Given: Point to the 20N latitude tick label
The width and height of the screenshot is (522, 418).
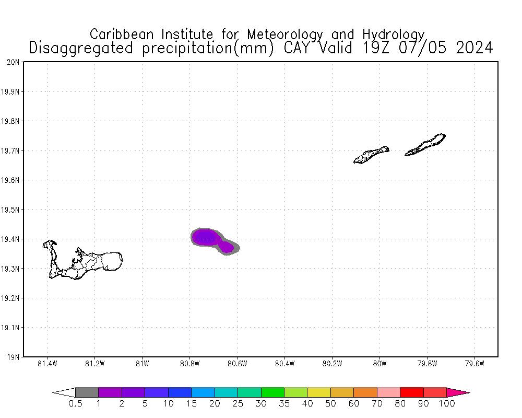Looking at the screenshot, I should click(x=13, y=62).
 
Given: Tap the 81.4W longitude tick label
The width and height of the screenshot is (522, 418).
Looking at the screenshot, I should click(x=48, y=364).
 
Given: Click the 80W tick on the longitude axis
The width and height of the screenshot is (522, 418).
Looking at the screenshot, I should click(x=379, y=364).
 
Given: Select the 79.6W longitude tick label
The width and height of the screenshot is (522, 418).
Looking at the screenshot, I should click(x=474, y=364).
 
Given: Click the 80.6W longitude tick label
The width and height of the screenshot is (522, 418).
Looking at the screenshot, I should click(x=237, y=364).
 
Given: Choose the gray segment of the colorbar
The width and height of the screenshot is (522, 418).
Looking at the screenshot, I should click(x=87, y=392).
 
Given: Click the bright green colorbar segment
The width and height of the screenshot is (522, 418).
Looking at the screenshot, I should click(x=272, y=392).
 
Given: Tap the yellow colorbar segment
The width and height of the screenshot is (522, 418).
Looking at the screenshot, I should click(x=319, y=392).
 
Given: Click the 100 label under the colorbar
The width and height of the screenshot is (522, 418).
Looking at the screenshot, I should click(x=447, y=404).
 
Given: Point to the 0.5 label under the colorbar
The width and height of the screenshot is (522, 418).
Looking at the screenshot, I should click(x=76, y=404).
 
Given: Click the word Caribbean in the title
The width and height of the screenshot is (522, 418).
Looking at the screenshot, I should click(x=123, y=34).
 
